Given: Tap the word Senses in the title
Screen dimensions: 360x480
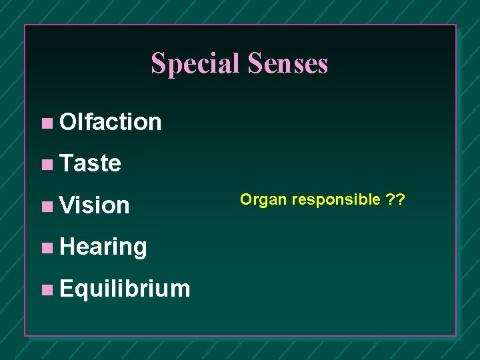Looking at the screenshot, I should click(x=288, y=63).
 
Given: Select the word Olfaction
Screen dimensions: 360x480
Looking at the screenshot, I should click(x=110, y=122).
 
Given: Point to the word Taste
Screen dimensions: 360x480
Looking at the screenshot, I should click(x=90, y=163).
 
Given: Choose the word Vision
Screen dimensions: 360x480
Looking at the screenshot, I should click(x=94, y=205).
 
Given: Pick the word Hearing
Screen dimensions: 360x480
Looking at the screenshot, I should click(x=103, y=247).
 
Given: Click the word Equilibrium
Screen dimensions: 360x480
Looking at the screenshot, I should click(x=125, y=289).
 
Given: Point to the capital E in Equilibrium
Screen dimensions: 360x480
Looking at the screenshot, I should click(x=66, y=289).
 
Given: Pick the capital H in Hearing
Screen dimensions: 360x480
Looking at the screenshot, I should click(x=67, y=247).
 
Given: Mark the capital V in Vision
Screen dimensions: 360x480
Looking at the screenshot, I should click(x=66, y=205).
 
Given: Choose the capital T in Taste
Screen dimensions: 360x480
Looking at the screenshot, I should click(x=65, y=163).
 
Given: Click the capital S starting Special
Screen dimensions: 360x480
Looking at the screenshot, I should click(x=157, y=63).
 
